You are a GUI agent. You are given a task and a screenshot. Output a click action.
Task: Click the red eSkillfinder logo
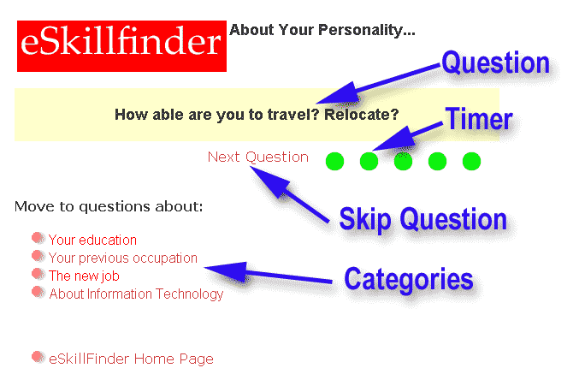121,46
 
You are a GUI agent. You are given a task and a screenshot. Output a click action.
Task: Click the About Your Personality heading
322,30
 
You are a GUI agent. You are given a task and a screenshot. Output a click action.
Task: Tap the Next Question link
257,157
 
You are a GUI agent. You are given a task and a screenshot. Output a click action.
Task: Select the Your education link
92,240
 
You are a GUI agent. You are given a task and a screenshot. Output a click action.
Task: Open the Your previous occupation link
123,258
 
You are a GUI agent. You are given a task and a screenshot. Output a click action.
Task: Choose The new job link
84,276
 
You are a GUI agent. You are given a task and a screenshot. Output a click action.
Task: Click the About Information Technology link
136,294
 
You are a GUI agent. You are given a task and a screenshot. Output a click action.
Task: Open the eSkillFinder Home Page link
131,359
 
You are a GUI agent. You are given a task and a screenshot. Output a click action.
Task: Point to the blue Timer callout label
479,119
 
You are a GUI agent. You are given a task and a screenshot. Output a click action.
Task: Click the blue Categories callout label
409,280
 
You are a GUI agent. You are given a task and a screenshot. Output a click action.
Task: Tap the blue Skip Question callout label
422,220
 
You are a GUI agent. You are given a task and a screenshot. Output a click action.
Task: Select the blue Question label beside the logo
495,62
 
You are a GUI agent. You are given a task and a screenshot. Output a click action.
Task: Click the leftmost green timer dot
334,161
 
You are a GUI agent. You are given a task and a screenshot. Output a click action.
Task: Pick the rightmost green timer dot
471,161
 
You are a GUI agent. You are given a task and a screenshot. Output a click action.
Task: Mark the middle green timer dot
403,161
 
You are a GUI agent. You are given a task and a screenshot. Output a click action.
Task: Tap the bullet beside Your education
38,238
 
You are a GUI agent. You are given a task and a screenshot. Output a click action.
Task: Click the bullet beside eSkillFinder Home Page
38,357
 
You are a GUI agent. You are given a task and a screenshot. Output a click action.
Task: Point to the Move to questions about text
109,206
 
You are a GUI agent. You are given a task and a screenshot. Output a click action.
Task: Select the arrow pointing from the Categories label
268,274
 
